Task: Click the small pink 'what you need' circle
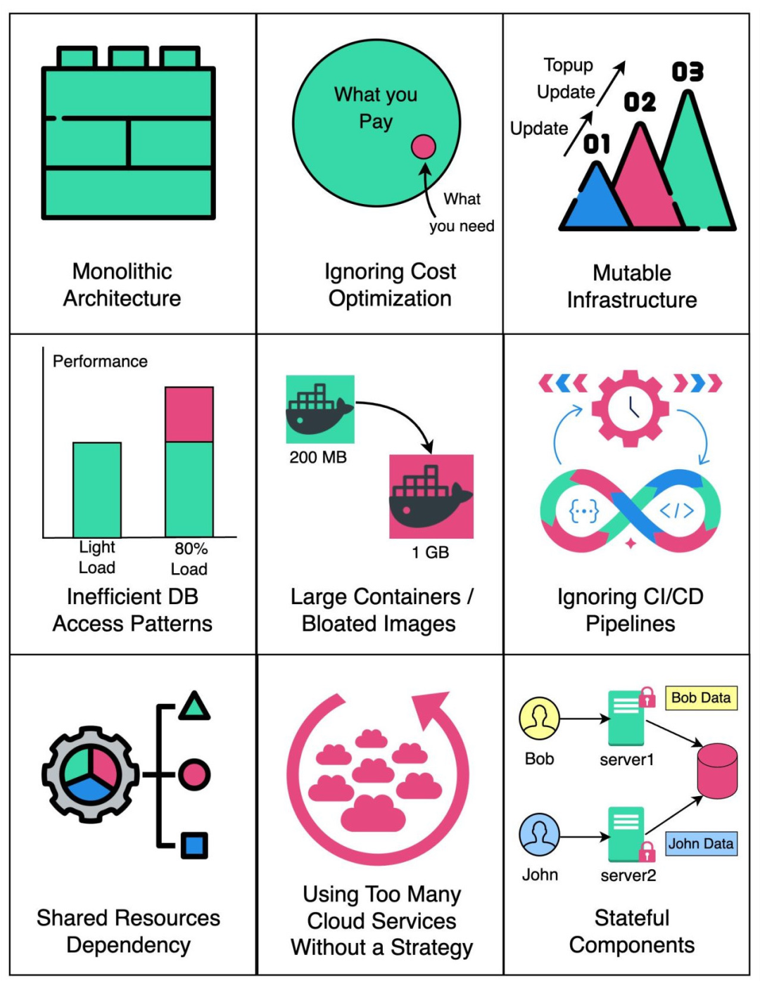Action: pos(423,147)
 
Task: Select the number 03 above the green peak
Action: pos(688,72)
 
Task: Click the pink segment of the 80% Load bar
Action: pos(189,414)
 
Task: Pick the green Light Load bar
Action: pos(97,489)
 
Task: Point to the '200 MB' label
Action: pos(318,457)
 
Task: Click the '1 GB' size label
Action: pos(431,552)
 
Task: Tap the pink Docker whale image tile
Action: pos(431,496)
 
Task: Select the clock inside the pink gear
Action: pos(630,408)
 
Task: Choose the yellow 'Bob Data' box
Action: pos(701,698)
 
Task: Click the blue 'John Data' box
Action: pos(701,843)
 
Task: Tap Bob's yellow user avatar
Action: pos(539,718)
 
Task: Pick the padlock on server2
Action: pos(647,852)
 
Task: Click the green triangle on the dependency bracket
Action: pos(194,706)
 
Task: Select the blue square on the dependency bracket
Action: pos(194,845)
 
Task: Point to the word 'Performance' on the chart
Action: pos(100,361)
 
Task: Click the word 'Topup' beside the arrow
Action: pos(568,65)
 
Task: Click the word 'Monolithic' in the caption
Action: pos(122,271)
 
